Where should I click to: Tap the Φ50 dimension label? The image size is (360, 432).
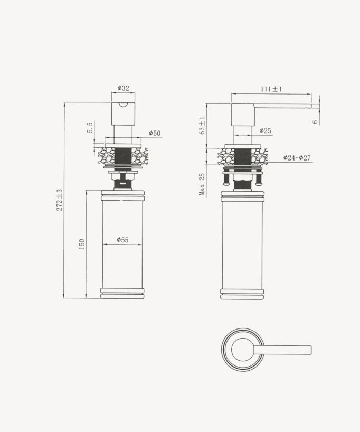[154, 134]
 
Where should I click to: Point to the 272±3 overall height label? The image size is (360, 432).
[60, 200]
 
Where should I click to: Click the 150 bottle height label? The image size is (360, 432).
[82, 244]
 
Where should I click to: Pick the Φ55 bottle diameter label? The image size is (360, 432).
[122, 240]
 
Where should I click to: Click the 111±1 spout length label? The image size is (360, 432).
[271, 89]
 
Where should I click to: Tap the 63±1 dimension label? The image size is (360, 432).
[202, 126]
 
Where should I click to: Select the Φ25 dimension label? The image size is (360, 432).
[265, 131]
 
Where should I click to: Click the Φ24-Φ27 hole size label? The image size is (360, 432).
[297, 158]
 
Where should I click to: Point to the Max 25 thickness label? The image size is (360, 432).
[202, 184]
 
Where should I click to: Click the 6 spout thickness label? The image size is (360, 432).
[315, 121]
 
